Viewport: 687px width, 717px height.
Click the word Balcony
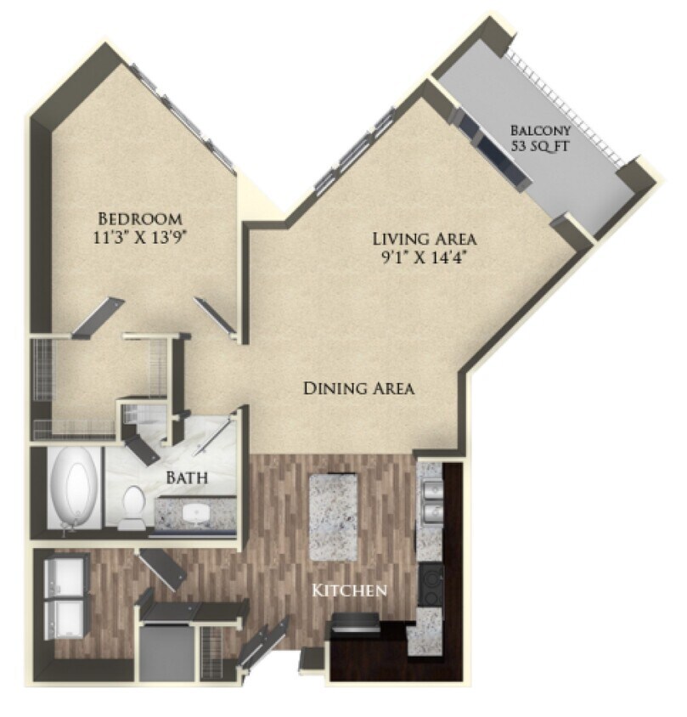coord(540,131)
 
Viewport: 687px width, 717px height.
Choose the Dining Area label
coord(359,389)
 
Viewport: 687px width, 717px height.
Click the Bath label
coord(187,479)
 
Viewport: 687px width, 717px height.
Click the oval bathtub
coord(73,494)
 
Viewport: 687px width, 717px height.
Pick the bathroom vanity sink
coord(196,513)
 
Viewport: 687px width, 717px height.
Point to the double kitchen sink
coord(430,503)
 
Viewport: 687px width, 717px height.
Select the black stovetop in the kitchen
coord(431,585)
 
